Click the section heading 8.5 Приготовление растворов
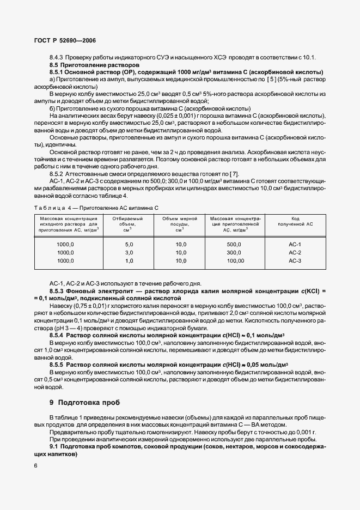(x=84, y=65)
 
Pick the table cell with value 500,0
(x=234, y=245)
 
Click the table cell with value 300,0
(x=234, y=253)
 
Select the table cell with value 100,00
(x=235, y=261)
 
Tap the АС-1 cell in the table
(x=295, y=245)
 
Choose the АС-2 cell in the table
(x=295, y=253)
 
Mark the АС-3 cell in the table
(x=295, y=261)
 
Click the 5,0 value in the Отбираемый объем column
(x=129, y=245)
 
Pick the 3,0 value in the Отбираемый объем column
(x=129, y=253)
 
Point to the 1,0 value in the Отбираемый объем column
(x=129, y=261)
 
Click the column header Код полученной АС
(x=295, y=221)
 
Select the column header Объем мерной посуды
(x=181, y=224)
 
